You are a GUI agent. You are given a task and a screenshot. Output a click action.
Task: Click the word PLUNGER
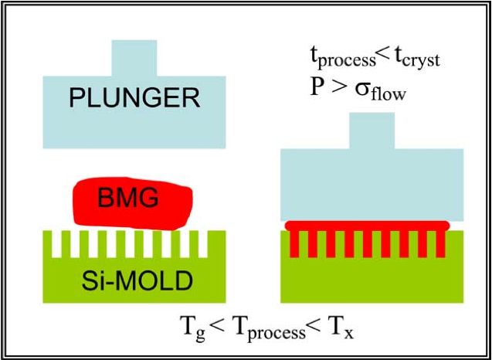(x=134, y=98)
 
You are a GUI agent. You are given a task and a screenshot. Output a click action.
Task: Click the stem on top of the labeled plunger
(x=134, y=58)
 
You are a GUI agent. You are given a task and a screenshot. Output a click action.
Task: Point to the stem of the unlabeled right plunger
(x=372, y=131)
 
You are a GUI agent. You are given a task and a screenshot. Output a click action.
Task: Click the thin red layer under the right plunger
(x=367, y=226)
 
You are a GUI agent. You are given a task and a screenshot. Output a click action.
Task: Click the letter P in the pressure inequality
(x=315, y=88)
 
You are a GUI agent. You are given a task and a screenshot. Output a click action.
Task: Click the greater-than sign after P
(x=338, y=89)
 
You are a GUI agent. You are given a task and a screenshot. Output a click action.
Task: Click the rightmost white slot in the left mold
(x=204, y=245)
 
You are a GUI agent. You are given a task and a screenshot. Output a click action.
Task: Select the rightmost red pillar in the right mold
(x=441, y=244)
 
